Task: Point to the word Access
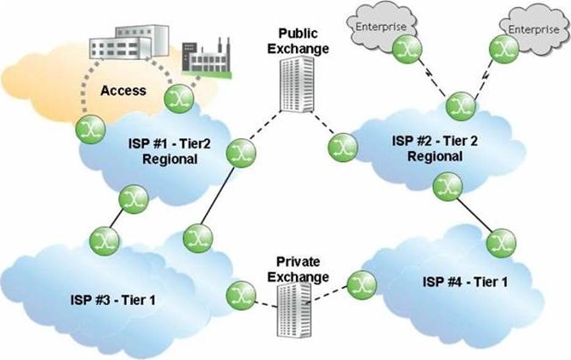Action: (x=123, y=90)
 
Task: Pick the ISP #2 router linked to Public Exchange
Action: (x=341, y=146)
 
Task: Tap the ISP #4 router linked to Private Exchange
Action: (x=361, y=283)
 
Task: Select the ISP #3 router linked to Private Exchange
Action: (x=239, y=294)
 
